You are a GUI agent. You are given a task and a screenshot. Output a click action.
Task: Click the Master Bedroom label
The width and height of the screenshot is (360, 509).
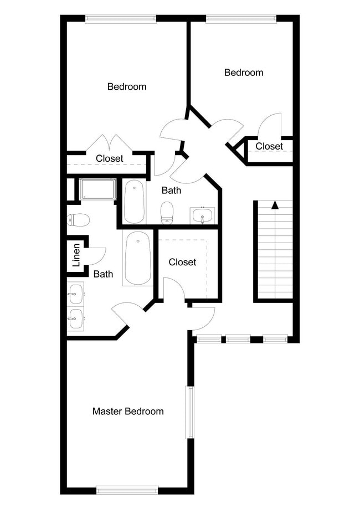point(128,412)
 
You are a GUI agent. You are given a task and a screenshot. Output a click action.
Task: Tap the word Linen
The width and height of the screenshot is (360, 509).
point(76,256)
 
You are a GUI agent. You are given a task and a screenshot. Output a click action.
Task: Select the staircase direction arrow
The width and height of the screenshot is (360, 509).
point(274,205)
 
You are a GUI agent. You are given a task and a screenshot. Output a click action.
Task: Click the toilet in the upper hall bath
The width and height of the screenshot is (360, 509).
point(167,213)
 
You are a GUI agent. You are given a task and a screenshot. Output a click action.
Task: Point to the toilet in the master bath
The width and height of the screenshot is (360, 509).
point(78,220)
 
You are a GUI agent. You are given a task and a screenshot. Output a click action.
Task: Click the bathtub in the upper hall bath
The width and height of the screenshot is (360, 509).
point(134,202)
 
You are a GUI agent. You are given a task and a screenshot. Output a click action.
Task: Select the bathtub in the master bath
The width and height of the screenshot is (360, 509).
point(137,258)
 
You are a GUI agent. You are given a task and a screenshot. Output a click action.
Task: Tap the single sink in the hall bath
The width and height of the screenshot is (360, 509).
point(202,215)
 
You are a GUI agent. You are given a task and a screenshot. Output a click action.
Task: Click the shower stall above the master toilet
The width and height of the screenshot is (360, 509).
point(97,189)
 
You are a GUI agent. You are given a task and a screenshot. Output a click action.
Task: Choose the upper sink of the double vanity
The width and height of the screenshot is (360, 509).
point(75,292)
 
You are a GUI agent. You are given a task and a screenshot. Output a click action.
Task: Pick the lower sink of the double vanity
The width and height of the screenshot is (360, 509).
point(75,318)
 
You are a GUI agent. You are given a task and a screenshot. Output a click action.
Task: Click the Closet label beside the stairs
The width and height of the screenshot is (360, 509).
point(269,147)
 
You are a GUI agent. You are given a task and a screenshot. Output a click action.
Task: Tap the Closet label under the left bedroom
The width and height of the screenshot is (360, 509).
point(109,158)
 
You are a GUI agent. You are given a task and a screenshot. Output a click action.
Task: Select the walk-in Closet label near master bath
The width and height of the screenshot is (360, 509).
point(182,262)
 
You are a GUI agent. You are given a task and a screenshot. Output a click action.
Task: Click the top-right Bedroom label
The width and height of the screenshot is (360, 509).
point(243,73)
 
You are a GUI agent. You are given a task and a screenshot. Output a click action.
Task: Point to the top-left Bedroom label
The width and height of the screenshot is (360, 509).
point(127,86)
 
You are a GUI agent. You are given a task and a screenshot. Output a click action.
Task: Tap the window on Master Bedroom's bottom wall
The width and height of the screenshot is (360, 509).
point(127,490)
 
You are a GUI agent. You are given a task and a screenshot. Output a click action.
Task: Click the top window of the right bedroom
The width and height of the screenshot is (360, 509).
point(241,18)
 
